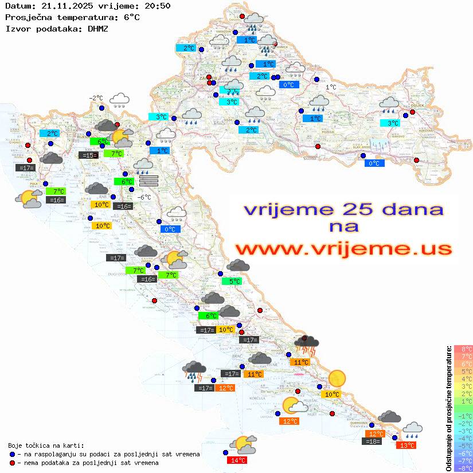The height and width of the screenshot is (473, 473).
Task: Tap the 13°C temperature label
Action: pyautogui.click(x=408, y=445)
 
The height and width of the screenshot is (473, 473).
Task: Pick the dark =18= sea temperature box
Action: pyautogui.click(x=372, y=441)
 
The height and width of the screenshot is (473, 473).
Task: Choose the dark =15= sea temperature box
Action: pyautogui.click(x=88, y=155)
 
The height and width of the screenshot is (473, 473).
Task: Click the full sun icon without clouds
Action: pyautogui.click(x=337, y=378)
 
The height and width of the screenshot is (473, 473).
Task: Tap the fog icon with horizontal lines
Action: pyautogui.click(x=148, y=181)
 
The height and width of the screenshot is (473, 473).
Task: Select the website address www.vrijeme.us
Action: pyautogui.click(x=343, y=249)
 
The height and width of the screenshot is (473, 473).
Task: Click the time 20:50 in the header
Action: pyautogui.click(x=158, y=6)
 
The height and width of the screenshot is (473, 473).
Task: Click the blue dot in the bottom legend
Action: pyautogui.click(x=12, y=454)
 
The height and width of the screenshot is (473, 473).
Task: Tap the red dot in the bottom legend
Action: pyautogui.click(x=12, y=463)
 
